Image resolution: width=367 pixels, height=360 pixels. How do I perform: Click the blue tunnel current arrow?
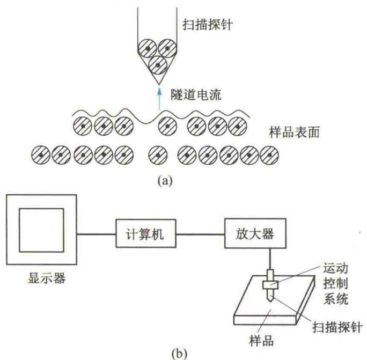point(159,99)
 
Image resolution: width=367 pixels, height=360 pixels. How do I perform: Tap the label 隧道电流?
point(196,95)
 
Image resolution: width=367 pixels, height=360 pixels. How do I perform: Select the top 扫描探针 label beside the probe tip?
point(208,24)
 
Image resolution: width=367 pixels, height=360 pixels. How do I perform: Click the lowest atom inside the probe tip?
point(158,65)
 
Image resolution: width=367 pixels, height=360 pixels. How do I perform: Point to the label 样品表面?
point(294,132)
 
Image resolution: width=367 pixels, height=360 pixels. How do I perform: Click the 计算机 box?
point(146,233)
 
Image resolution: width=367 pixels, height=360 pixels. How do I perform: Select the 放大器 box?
point(255,233)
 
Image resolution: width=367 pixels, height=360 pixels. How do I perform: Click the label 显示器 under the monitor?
point(47,278)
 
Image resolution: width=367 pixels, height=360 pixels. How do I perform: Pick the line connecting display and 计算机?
point(96,234)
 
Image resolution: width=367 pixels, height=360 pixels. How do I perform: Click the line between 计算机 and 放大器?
point(200,234)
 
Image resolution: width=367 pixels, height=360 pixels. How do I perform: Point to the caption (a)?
point(165,181)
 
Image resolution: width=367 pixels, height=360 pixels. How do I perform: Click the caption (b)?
point(180,354)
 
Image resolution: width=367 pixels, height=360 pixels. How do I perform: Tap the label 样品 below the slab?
point(261,341)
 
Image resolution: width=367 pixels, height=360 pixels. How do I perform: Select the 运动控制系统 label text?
point(336,283)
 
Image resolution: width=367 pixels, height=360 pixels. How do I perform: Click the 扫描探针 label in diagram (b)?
point(337,327)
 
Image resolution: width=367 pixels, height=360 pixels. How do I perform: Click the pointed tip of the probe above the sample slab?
point(270,302)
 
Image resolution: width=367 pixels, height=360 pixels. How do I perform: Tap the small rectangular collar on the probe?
point(270,285)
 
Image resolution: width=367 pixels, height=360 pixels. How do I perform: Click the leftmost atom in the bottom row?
point(41,155)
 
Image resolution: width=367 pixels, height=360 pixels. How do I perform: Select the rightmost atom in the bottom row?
point(269,155)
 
